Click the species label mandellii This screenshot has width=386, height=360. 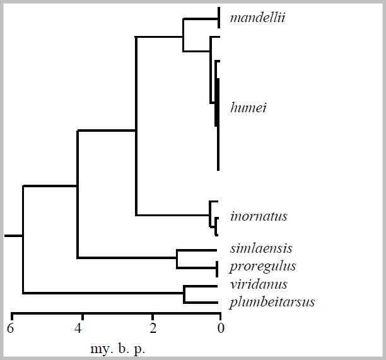tap(257, 17)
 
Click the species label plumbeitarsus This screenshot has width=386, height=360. tap(272, 302)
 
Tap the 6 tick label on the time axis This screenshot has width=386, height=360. tap(10, 328)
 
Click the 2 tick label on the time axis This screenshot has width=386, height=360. tap(152, 328)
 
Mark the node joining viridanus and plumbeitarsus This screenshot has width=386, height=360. tap(184, 294)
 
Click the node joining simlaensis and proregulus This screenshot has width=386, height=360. tap(177, 258)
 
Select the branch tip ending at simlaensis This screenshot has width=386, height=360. tap(216, 250)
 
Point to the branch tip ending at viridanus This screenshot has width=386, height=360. tap(217, 286)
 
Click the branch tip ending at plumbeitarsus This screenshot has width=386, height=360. tap(217, 303)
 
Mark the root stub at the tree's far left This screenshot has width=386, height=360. tap(9, 236)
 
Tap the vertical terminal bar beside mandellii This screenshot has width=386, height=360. tap(218, 18)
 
